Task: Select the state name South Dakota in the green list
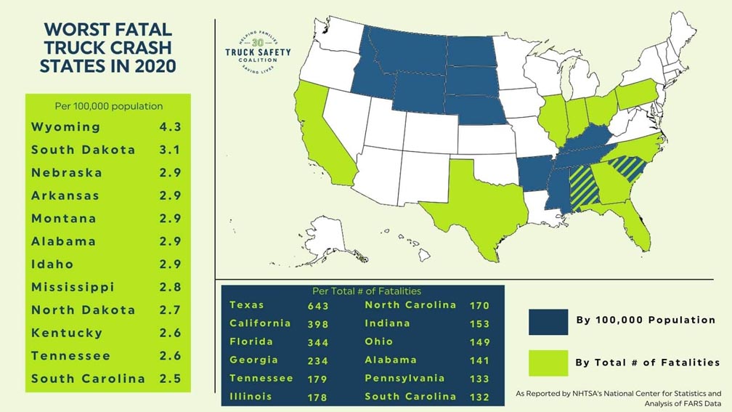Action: tap(83, 150)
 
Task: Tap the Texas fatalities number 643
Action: tap(318, 306)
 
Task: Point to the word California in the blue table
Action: tap(260, 323)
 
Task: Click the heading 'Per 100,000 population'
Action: tap(109, 106)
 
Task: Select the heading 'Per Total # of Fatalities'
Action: tap(363, 291)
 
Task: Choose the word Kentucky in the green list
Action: tap(67, 333)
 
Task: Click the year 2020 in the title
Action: tap(150, 66)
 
